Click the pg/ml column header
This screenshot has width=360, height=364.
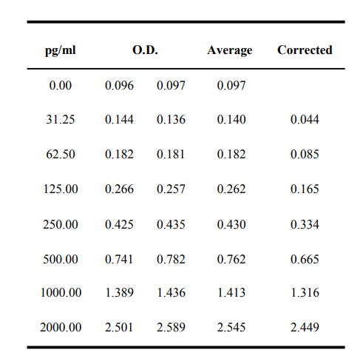click(x=60, y=50)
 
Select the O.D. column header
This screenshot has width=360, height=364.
click(x=145, y=50)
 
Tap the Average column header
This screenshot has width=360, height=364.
click(x=230, y=50)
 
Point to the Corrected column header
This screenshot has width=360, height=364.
click(x=305, y=50)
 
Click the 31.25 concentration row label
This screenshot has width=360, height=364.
click(x=61, y=120)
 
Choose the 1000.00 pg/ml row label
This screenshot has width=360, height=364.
click(x=61, y=293)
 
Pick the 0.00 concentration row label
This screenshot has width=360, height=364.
click(x=61, y=86)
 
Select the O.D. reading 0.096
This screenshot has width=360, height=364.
click(x=119, y=86)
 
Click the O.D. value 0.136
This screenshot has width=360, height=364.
click(x=171, y=120)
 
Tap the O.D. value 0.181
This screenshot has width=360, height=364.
click(x=171, y=155)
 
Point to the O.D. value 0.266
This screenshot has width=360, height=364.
click(x=119, y=189)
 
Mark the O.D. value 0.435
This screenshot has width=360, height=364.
click(x=171, y=225)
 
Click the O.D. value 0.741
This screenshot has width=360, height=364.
click(x=119, y=260)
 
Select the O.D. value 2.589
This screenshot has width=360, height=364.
click(x=171, y=328)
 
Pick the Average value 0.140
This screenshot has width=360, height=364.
click(x=231, y=120)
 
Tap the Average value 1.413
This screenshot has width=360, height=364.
click(x=231, y=293)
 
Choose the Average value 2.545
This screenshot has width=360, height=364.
click(x=231, y=328)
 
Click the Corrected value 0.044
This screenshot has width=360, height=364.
click(x=305, y=120)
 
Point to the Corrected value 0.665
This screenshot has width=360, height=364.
click(x=305, y=260)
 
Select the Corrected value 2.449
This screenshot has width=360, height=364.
click(x=305, y=328)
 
